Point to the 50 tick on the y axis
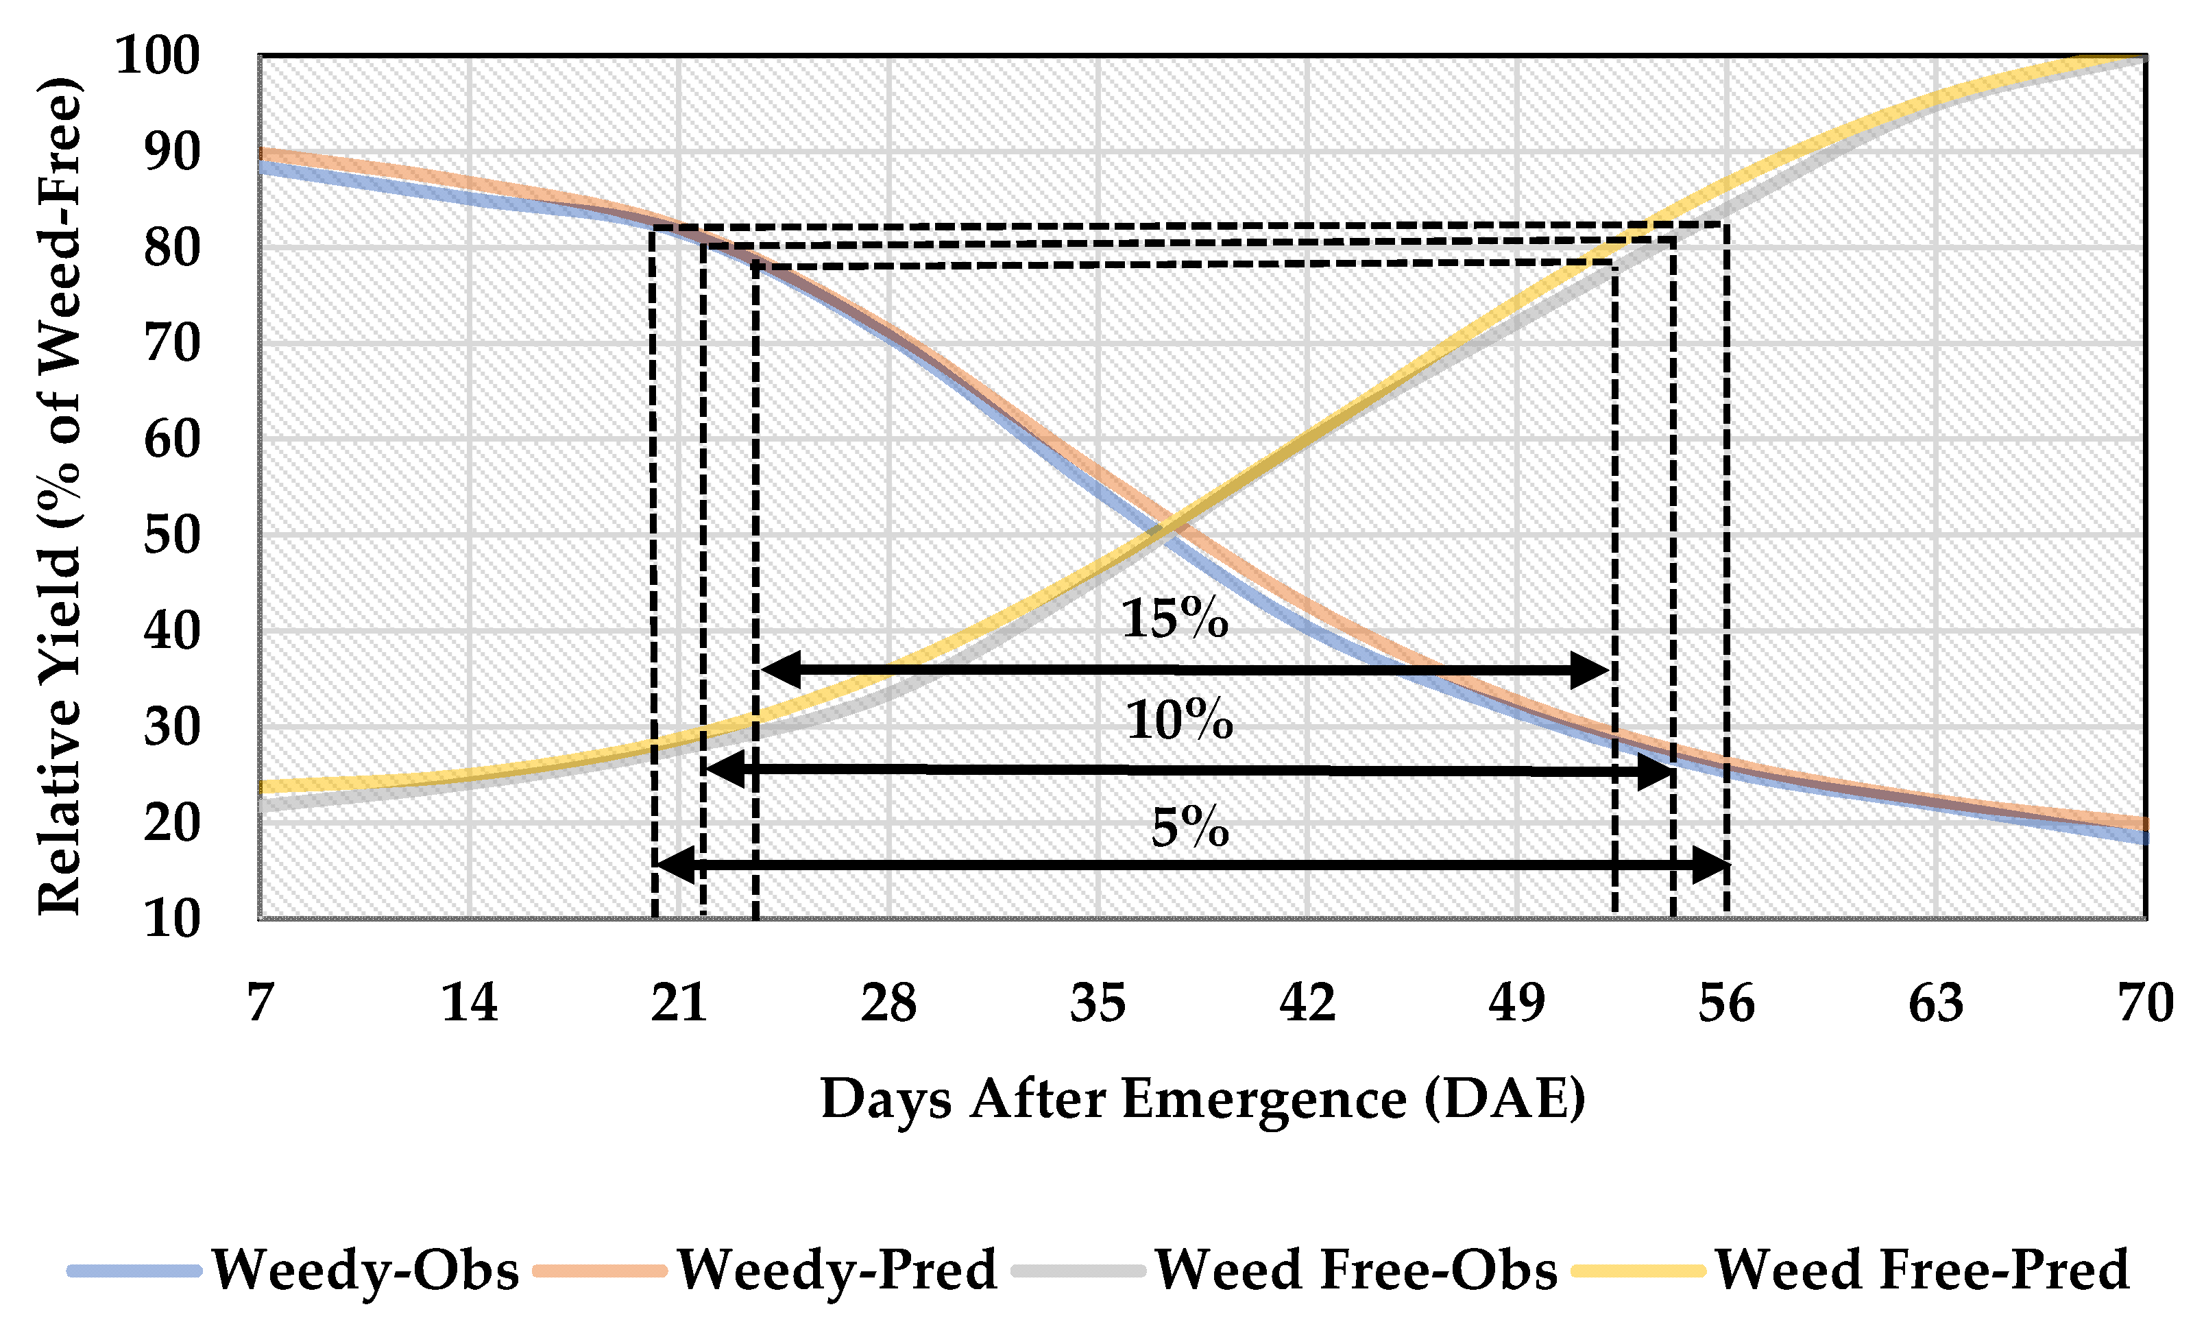[x=171, y=536]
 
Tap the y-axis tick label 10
[x=171, y=919]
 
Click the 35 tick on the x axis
[x=1098, y=1003]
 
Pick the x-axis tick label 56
[x=1727, y=1003]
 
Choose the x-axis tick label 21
[x=679, y=1003]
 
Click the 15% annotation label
[x=1175, y=619]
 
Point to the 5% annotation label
[x=1190, y=828]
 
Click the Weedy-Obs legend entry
[x=293, y=1269]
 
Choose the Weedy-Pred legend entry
[x=766, y=1269]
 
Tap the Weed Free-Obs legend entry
[x=1285, y=1269]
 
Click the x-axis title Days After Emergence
[x=1203, y=1099]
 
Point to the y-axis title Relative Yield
[x=60, y=496]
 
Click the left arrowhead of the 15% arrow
[x=782, y=670]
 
